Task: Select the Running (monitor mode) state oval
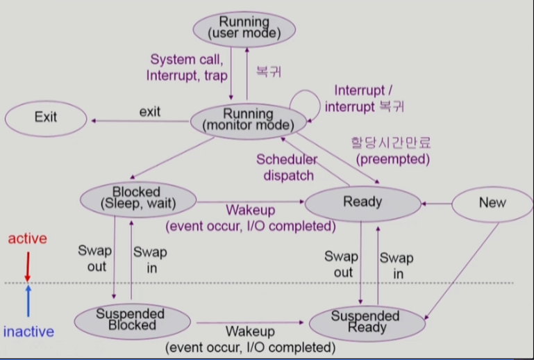248,120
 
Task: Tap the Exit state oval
46,117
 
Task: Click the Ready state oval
362,202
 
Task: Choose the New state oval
492,202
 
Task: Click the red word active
27,239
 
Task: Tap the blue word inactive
28,331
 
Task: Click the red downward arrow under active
27,265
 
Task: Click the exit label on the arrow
149,111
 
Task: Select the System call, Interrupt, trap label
187,67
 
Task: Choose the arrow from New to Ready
437,203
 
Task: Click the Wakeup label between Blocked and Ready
250,210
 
